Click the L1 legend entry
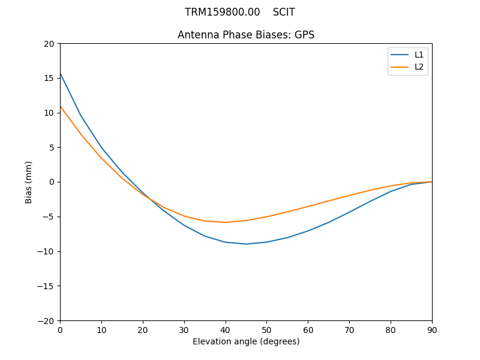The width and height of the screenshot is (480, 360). (419, 55)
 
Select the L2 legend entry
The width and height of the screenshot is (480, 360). (419, 67)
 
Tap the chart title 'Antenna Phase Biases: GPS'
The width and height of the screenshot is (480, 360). (246, 35)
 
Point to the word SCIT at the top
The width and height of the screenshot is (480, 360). (284, 12)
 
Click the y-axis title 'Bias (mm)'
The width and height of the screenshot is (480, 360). (29, 182)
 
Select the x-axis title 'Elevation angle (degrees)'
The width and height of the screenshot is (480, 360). (246, 341)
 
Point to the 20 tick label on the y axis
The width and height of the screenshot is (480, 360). (49, 44)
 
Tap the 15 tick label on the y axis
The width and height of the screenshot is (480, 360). (49, 78)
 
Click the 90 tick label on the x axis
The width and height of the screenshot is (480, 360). (432, 329)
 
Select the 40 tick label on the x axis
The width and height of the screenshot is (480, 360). (226, 329)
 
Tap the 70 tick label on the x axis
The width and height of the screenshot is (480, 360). (349, 329)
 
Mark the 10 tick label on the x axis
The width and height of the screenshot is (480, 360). (101, 329)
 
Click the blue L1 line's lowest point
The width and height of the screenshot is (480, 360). (246, 244)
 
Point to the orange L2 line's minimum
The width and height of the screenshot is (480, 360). (226, 222)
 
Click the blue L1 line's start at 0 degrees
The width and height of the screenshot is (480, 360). (61, 73)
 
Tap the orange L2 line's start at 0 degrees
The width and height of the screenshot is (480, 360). (61, 106)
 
